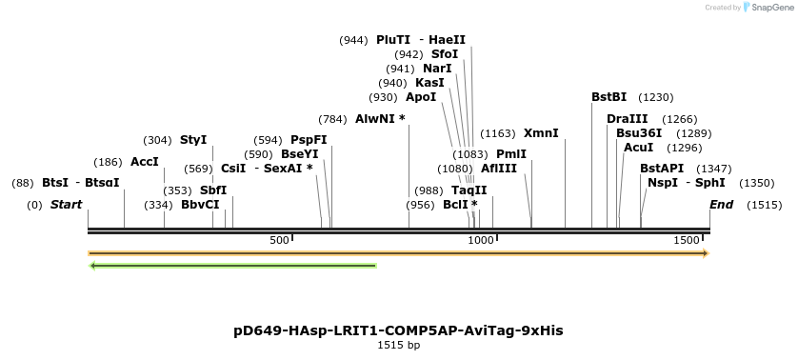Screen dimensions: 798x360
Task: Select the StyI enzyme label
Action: (x=193, y=140)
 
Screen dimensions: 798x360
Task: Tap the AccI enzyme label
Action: (x=145, y=162)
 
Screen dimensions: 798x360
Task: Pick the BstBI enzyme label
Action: (x=608, y=97)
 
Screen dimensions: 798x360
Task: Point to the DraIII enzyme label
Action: (x=627, y=119)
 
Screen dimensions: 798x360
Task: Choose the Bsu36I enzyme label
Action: (x=639, y=133)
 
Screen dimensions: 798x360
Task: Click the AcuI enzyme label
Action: (x=638, y=148)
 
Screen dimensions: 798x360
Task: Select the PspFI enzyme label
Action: (x=309, y=140)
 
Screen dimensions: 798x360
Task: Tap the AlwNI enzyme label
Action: (x=380, y=119)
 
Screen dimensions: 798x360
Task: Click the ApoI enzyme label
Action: (x=421, y=97)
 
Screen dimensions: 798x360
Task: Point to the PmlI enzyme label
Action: (x=511, y=154)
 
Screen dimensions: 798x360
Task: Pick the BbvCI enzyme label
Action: (x=200, y=205)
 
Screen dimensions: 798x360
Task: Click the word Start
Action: (x=66, y=205)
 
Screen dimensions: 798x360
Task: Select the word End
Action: (x=722, y=205)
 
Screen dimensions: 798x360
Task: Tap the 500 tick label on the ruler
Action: (x=279, y=241)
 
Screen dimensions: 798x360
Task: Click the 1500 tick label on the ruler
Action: (x=687, y=241)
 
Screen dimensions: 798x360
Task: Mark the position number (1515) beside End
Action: (x=764, y=205)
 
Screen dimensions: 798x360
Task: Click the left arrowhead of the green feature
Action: (x=93, y=266)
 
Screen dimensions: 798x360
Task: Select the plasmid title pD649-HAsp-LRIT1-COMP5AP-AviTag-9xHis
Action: (x=398, y=330)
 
